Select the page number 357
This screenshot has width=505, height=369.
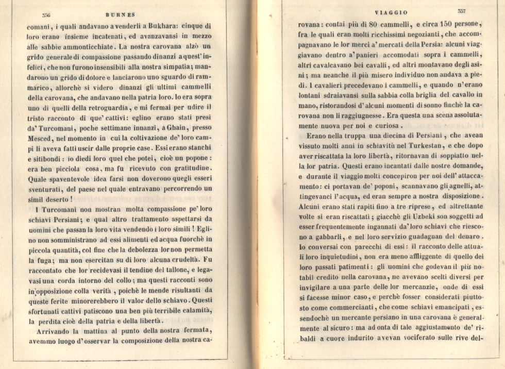461,11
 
